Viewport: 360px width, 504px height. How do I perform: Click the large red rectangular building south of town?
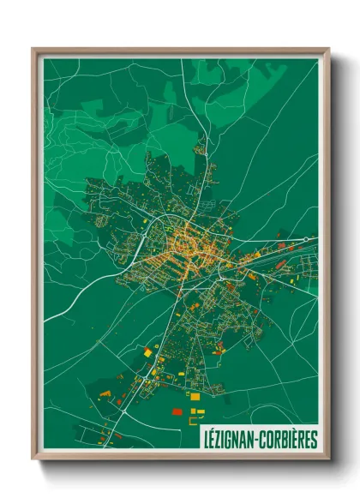(177, 411)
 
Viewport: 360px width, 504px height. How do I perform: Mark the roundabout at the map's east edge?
(307, 239)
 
